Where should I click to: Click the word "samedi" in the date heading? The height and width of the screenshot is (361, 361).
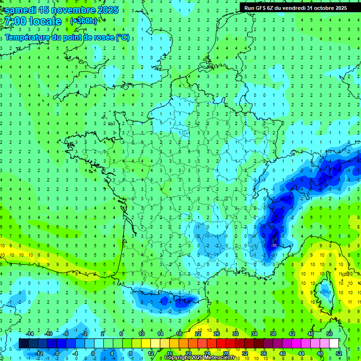click(20, 10)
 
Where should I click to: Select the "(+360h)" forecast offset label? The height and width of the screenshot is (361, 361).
click(84, 21)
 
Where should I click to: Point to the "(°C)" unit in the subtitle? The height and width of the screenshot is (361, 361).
click(122, 37)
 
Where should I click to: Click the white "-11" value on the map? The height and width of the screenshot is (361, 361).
click(274, 245)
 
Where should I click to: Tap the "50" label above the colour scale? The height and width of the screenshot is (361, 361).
click(329, 334)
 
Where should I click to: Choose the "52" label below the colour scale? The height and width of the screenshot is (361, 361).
click(338, 353)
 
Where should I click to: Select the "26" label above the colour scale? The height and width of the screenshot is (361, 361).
click(217, 334)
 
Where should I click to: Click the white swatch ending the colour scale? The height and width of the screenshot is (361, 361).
click(334, 343)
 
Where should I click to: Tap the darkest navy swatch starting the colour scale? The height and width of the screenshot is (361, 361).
click(24, 343)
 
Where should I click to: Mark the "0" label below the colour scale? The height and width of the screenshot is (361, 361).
click(93, 353)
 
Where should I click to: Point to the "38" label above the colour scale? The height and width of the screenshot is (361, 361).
click(273, 334)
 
